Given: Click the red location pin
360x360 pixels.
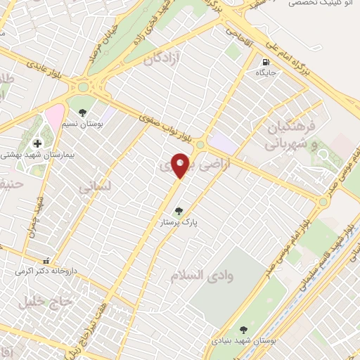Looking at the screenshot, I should [181, 164].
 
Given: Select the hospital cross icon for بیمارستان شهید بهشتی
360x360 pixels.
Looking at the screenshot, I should [37, 143].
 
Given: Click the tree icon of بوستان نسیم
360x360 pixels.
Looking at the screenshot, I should [83, 112].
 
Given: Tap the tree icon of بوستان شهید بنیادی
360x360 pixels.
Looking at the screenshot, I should [243, 329].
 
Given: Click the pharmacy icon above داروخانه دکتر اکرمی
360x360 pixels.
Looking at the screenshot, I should [46, 259].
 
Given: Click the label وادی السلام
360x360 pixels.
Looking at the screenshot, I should [200, 275].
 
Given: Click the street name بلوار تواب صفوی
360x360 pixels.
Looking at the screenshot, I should [165, 125].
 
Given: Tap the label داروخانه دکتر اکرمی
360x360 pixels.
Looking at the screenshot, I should [46, 270].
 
